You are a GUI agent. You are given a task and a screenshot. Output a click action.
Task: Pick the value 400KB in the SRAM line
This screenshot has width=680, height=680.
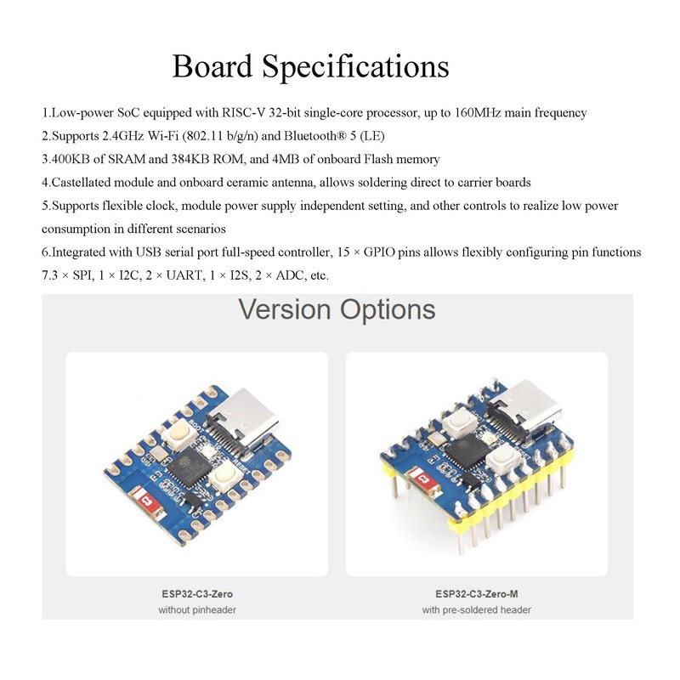[71, 159]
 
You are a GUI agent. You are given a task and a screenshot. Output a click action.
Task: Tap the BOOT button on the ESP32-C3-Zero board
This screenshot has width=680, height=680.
[179, 436]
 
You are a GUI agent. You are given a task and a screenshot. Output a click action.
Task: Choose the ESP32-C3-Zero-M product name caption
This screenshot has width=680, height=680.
[476, 593]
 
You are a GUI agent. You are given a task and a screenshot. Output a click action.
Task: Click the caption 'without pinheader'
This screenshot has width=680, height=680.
[197, 610]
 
